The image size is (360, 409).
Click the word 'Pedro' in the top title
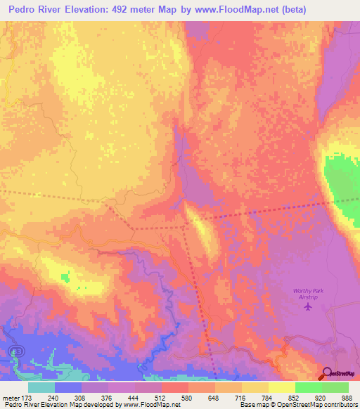pos(25,8)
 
